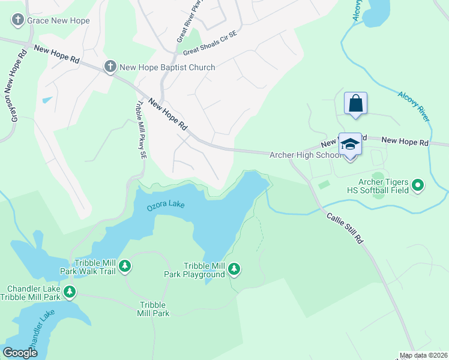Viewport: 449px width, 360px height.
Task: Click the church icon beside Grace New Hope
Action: (x=17, y=20)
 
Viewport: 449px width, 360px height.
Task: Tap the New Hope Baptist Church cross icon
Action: (x=110, y=67)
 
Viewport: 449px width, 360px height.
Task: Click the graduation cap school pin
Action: (x=351, y=145)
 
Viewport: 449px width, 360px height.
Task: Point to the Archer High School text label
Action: (x=305, y=155)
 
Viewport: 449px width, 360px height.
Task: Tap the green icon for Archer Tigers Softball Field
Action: (x=418, y=186)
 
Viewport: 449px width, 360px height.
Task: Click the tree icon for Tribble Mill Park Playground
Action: (x=234, y=270)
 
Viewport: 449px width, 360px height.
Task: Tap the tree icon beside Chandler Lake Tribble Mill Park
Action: (x=70, y=293)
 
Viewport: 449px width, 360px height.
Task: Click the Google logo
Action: (x=20, y=353)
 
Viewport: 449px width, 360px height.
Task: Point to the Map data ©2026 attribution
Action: (x=423, y=356)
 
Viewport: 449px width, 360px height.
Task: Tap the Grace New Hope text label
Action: (x=58, y=20)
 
